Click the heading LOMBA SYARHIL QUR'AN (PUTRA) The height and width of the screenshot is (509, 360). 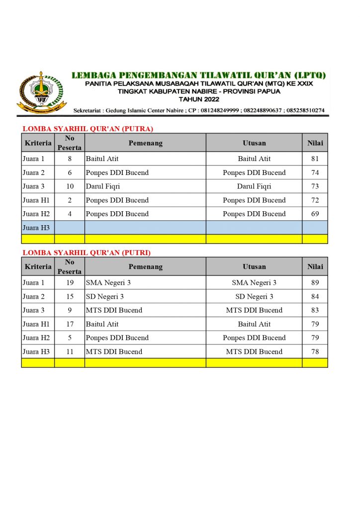coord(88,129)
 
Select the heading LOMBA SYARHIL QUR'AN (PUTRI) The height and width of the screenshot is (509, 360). coord(87,253)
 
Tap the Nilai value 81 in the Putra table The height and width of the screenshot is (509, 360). coord(315,159)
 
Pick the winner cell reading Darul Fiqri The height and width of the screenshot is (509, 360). coord(103,186)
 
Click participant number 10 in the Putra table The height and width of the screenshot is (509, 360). coord(70,186)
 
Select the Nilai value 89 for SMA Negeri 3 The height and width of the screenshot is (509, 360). coord(315,283)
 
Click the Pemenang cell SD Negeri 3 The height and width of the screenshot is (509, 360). coord(105,297)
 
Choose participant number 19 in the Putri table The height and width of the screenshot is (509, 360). coord(70,283)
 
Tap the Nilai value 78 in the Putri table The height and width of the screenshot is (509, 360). coord(315,351)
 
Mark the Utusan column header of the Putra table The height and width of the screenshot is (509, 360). coord(254,143)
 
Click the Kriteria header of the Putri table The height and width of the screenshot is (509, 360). coord(38,267)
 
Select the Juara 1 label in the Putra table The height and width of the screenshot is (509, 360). coord(33,159)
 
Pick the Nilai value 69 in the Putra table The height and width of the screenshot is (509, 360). coord(315,214)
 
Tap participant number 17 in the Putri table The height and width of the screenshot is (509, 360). coord(70,324)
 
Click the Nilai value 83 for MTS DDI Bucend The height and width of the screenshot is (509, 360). coord(315,310)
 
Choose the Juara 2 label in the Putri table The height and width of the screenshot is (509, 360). coord(33,297)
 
